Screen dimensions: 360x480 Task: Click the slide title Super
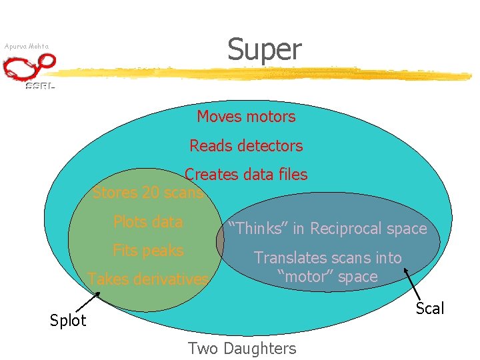point(264,49)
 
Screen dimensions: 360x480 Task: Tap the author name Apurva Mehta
point(26,47)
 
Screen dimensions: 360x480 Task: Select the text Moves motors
point(246,117)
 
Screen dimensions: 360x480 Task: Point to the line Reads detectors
point(246,145)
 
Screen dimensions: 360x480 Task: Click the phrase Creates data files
point(246,175)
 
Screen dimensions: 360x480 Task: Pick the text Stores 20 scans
point(147,193)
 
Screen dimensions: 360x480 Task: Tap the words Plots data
point(148,222)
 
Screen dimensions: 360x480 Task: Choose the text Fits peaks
point(148,251)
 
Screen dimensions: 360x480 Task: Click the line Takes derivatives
point(148,279)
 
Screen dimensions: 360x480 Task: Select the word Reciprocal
point(349,229)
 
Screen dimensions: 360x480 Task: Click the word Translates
point(287,258)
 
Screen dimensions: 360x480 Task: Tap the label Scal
point(429,307)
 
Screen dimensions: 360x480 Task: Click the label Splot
point(68,321)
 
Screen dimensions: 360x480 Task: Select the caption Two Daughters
point(242,348)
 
